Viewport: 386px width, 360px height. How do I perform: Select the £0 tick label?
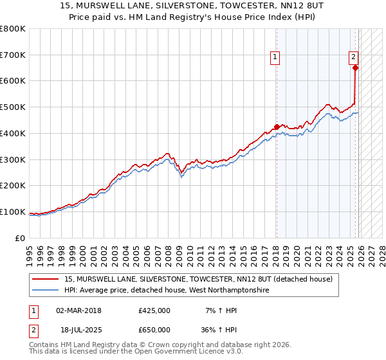coord(20,238)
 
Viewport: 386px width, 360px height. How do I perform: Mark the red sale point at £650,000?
coord(355,67)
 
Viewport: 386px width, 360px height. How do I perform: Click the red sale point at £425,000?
coord(277,127)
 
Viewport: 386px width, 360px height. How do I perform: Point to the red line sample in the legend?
coord(46,279)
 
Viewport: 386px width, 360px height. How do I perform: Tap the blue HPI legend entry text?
coord(167,291)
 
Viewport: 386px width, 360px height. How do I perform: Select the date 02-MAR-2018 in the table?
coord(78,310)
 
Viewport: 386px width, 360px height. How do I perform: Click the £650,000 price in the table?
coord(154,329)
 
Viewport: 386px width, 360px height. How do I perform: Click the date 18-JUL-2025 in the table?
coord(78,329)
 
